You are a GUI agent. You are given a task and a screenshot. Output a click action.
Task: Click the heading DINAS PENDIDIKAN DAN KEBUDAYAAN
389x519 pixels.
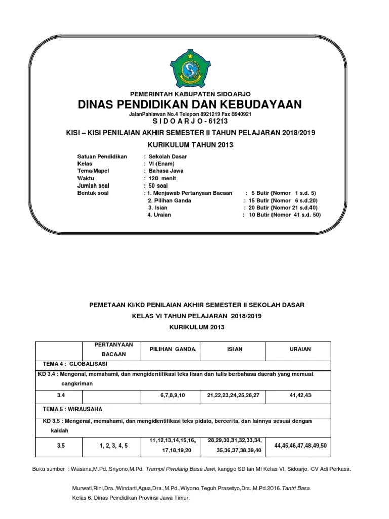[x=190, y=105]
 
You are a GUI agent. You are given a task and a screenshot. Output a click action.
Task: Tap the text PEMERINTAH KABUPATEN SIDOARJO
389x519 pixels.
[x=190, y=94]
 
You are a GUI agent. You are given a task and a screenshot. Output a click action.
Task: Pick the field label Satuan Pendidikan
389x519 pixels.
[x=102, y=157]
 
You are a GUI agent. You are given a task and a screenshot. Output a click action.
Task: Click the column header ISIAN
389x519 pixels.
[x=235, y=349]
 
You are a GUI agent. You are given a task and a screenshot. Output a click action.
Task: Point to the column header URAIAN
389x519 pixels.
[x=301, y=349]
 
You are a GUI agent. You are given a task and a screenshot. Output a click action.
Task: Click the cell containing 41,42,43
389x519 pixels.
[x=301, y=394]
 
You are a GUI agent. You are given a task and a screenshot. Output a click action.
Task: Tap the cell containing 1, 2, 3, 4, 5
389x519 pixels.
[x=113, y=446]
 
